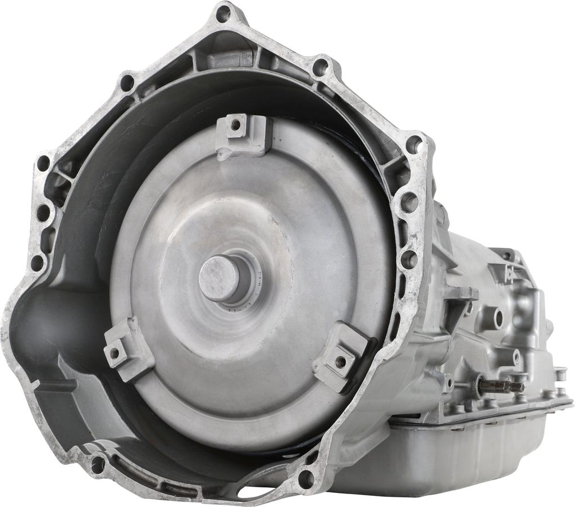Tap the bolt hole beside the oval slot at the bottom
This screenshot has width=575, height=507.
click(306, 478)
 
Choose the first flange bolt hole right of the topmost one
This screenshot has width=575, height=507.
click(321, 68)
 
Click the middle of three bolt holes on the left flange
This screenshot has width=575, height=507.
click(42, 212)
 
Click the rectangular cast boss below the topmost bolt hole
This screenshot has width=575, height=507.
click(238, 56)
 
